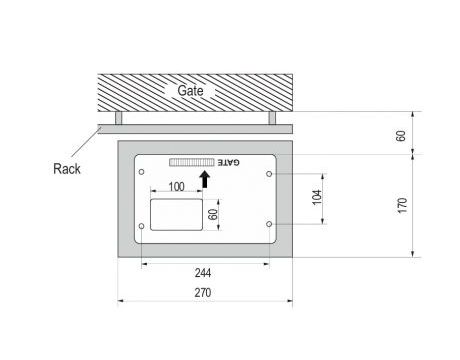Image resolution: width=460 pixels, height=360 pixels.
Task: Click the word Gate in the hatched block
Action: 190,90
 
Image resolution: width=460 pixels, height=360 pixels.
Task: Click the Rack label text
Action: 67,169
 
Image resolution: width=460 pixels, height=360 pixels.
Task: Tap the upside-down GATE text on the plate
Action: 228,163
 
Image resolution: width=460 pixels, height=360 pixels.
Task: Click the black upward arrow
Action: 205,179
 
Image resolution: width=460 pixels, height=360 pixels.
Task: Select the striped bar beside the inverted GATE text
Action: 192,162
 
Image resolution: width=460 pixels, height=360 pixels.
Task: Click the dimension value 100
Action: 176,187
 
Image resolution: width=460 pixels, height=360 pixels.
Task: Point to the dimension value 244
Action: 203,273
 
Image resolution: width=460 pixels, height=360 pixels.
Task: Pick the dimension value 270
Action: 203,293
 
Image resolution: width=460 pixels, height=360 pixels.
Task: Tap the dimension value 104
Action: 317,197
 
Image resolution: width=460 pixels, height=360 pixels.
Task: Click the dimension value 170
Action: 402,205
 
